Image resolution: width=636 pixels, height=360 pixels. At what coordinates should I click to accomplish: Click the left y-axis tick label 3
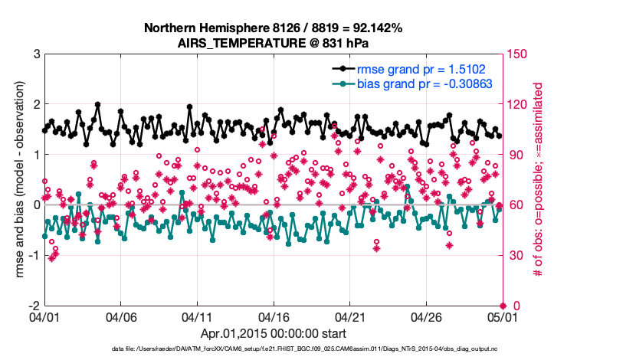click(36, 54)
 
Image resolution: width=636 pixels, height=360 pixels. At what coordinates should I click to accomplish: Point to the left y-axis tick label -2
click(34, 306)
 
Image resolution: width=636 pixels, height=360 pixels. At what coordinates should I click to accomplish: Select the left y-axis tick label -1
click(34, 255)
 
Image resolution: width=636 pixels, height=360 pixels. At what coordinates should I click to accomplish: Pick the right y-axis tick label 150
click(518, 54)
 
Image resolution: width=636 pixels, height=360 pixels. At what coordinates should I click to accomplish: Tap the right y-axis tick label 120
click(518, 104)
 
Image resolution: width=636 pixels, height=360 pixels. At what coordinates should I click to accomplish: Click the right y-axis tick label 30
click(515, 255)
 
